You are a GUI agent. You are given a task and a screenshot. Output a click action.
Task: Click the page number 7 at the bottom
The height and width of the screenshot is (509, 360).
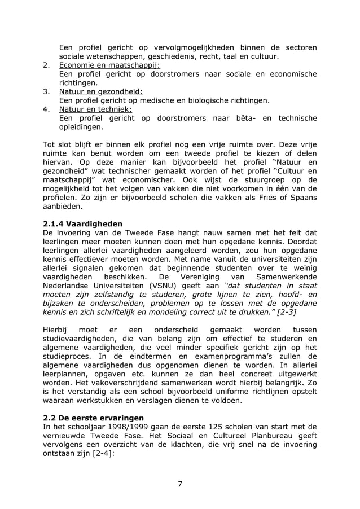click(180, 484)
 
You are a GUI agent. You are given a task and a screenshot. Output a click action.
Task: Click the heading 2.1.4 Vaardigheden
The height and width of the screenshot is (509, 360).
click(82, 223)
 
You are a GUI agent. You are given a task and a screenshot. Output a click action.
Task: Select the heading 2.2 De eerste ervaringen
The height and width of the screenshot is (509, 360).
click(93, 418)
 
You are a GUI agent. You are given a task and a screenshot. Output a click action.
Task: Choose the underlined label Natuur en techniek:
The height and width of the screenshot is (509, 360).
click(95, 109)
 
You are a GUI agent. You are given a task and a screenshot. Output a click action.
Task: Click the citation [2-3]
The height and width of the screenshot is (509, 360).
click(283, 311)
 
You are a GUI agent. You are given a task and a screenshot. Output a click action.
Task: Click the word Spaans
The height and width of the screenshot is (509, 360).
click(304, 198)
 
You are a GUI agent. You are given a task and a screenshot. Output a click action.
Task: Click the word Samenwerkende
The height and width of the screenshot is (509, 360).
click(287, 277)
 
